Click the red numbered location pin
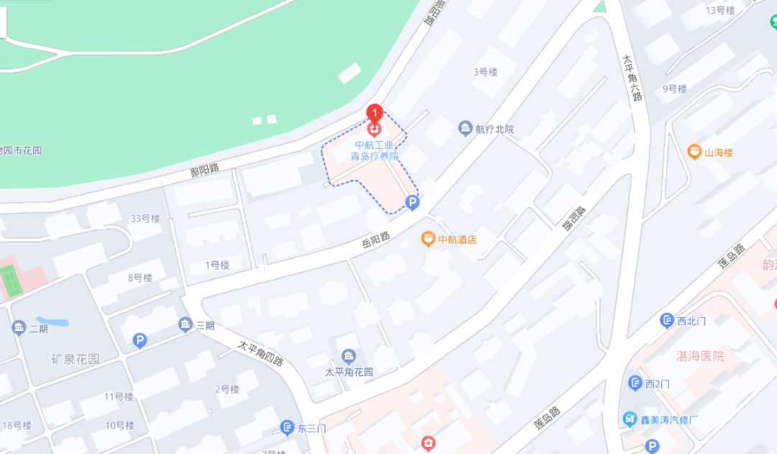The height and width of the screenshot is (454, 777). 374,114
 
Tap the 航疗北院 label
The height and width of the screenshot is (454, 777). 495,130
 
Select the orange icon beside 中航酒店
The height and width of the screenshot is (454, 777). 428,239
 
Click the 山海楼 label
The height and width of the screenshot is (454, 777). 718,153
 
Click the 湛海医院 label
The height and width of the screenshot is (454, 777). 700,356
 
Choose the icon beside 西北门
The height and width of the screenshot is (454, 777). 667,321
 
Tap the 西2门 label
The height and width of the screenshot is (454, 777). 658,383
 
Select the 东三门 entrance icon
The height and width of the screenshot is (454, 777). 287,428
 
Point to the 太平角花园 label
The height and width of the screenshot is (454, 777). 349,372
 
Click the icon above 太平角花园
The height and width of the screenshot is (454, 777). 349,356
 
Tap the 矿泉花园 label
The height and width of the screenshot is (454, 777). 76,359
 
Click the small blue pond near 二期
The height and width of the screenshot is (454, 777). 52,322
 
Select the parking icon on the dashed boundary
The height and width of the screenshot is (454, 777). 412,204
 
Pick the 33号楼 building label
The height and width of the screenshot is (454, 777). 145,219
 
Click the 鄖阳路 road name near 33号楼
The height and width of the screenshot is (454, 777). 204,171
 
